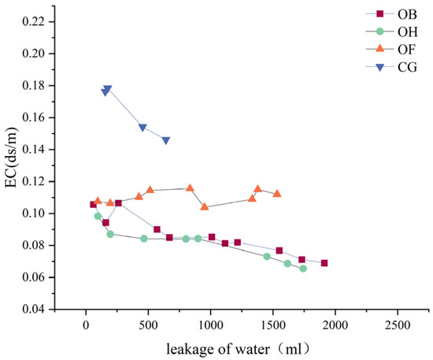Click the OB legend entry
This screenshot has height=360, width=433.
tap(394, 13)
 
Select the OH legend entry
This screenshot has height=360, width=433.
tap(394, 32)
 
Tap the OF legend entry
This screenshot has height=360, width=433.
tap(394, 50)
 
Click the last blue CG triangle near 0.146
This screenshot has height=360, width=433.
tap(165, 140)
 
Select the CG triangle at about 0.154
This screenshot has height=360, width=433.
tap(142, 128)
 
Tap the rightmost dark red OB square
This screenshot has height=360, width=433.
tap(324, 263)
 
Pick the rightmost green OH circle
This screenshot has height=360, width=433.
tap(303, 269)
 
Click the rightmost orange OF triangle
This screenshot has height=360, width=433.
tap(277, 193)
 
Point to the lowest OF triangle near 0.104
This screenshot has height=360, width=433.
tap(205, 206)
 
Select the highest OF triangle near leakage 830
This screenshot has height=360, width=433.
tap(190, 187)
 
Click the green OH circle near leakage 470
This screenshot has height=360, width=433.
tap(144, 238)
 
